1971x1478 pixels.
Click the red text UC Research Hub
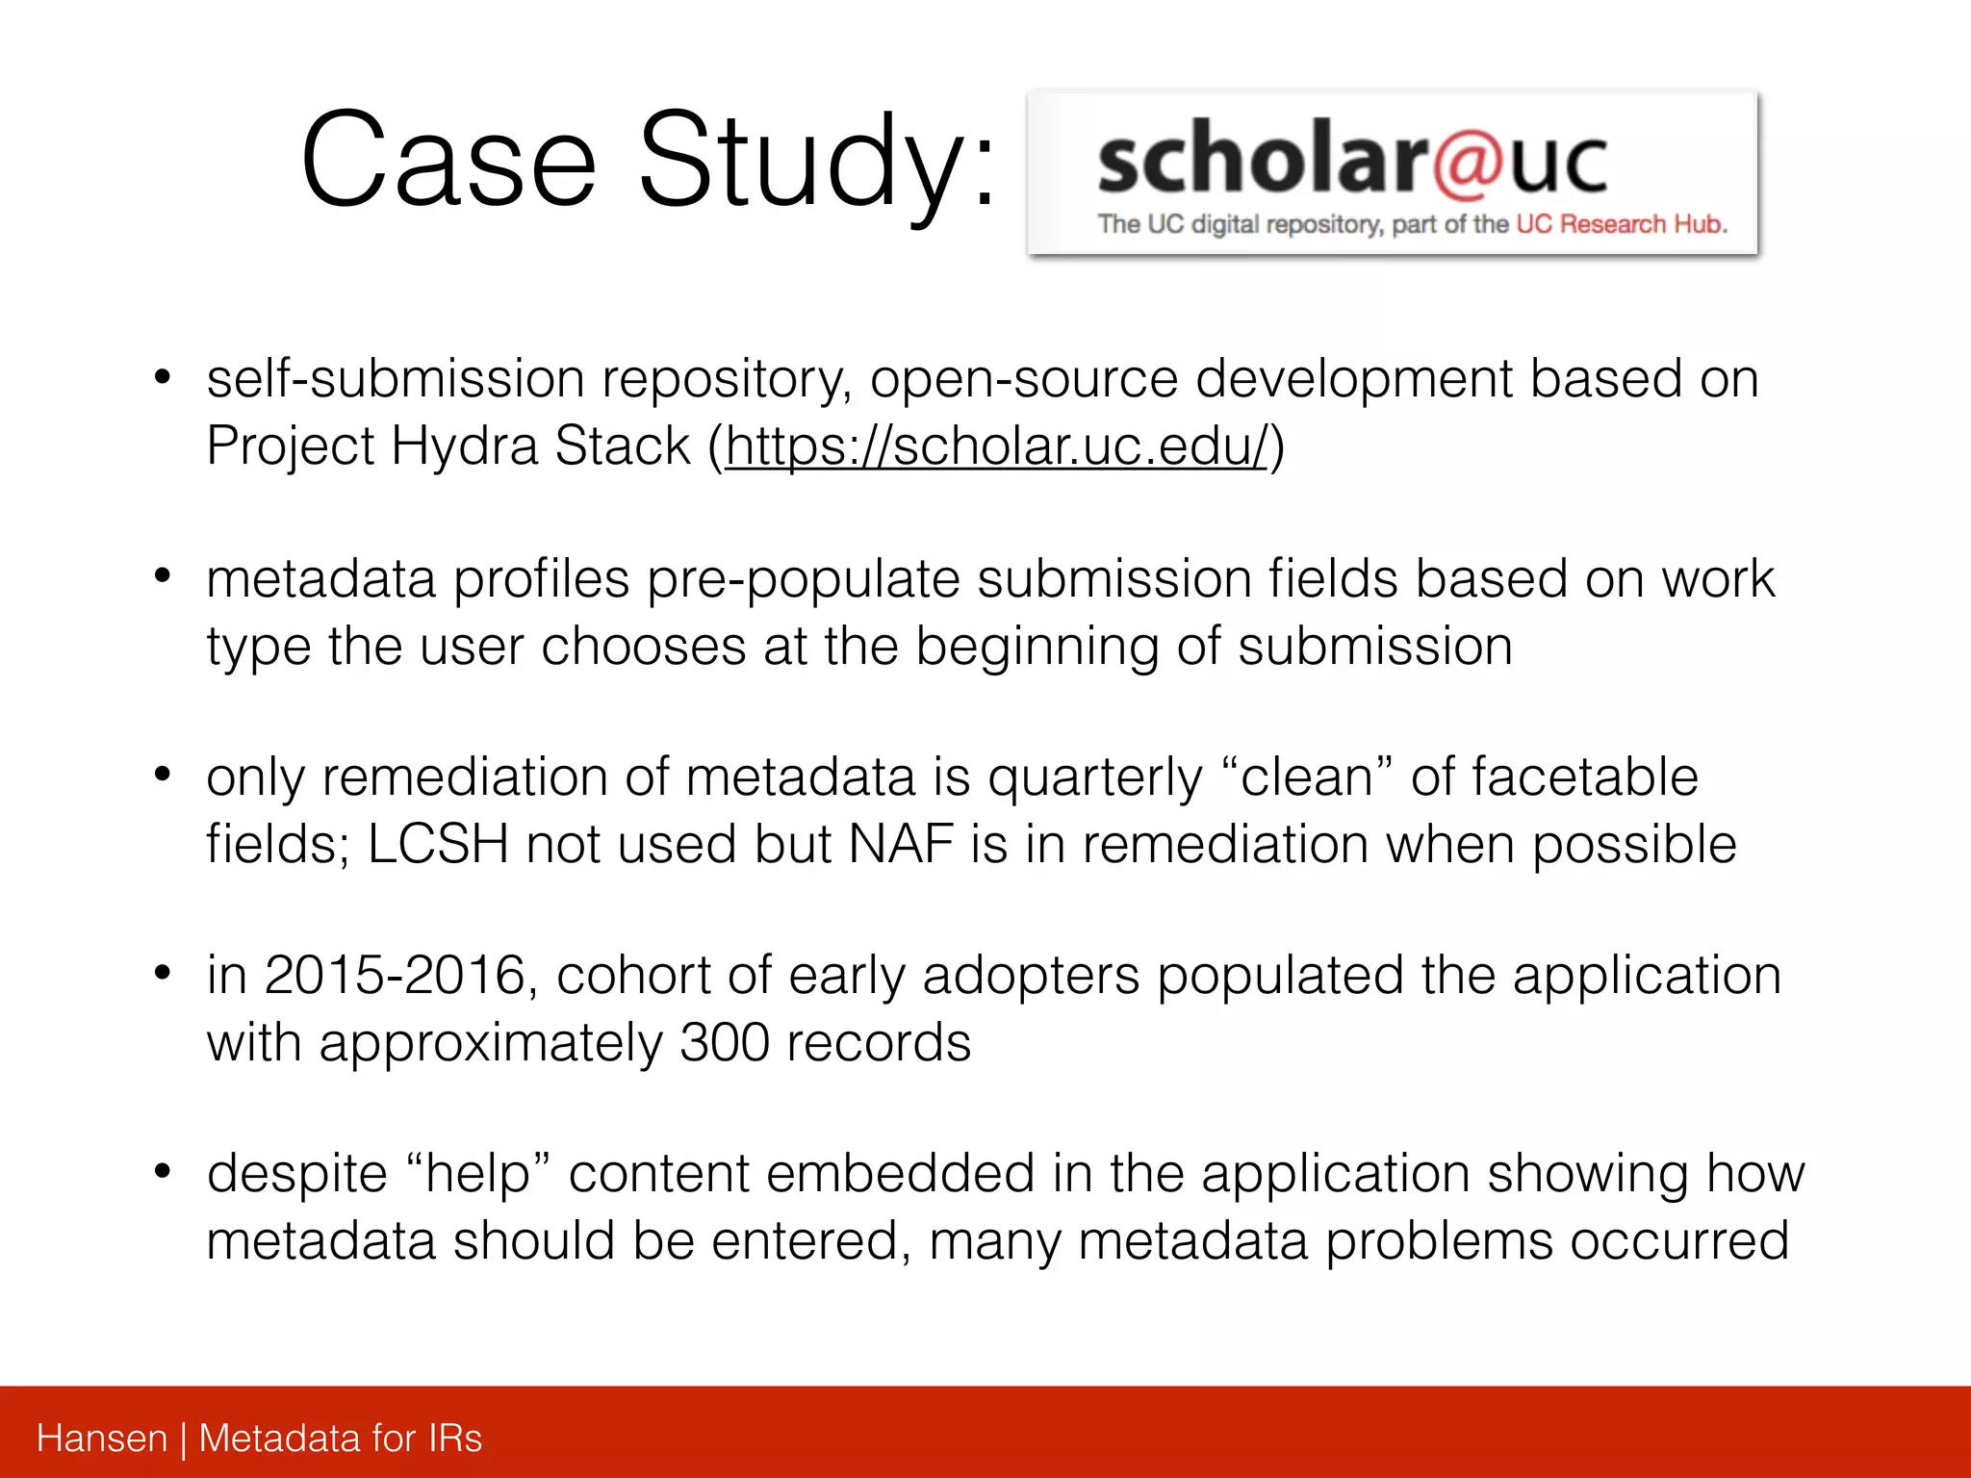point(1622,224)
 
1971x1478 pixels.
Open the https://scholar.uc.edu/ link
point(997,446)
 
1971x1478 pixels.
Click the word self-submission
point(395,378)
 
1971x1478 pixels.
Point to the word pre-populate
point(803,579)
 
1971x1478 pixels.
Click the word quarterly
point(1095,777)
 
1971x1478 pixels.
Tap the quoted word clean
point(1306,777)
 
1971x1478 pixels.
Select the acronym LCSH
point(438,845)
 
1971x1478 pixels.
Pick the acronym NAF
point(901,845)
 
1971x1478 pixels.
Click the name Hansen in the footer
point(102,1439)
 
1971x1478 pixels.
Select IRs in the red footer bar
point(454,1439)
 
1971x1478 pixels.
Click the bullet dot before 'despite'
point(163,1171)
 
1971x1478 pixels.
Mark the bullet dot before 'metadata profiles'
point(163,576)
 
